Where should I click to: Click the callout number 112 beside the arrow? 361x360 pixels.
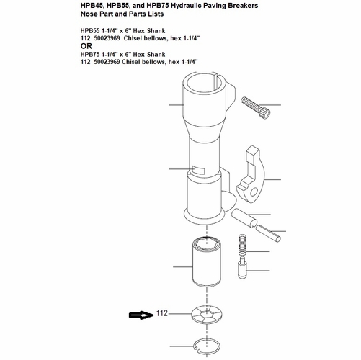click(x=162, y=314)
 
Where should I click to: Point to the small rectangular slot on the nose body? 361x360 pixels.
click(x=199, y=170)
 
